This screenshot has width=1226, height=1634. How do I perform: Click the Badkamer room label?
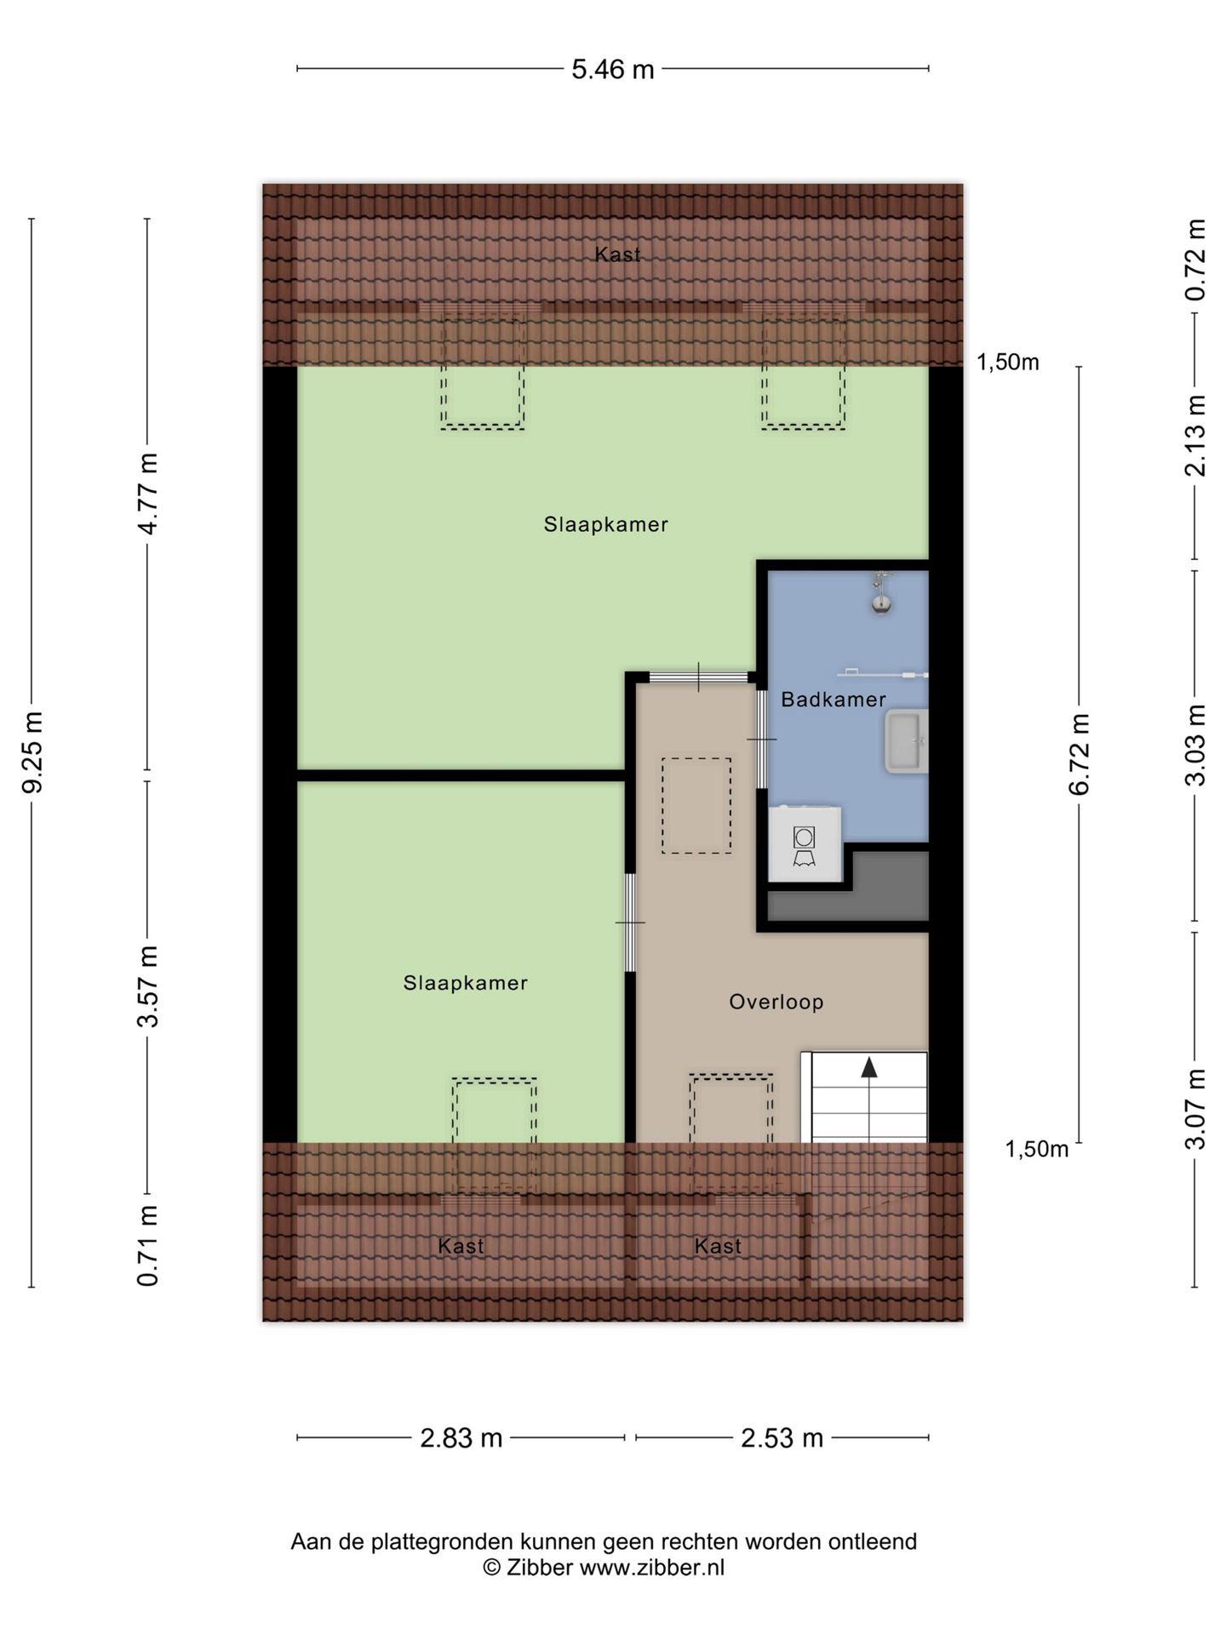point(834,700)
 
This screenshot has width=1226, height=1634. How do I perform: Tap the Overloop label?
point(776,1002)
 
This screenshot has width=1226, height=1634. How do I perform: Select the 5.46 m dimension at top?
point(613,69)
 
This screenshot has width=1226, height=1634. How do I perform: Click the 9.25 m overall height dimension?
point(32,751)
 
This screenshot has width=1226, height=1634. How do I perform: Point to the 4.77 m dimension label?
point(148,494)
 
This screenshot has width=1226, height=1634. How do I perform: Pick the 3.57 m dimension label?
point(148,986)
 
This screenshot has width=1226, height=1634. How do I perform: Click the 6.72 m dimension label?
point(1079,754)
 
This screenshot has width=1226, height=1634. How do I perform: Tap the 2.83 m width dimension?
point(461,1437)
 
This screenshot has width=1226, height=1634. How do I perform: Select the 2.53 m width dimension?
point(782,1437)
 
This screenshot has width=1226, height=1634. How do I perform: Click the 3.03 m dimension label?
point(1195,746)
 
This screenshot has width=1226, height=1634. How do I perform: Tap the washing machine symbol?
point(805,845)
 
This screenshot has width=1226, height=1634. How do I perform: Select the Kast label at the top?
point(617,254)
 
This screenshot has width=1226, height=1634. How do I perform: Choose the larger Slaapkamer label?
point(606,524)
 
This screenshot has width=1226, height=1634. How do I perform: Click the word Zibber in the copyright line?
point(540,1567)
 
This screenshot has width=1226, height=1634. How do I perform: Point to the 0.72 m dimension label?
point(1195,260)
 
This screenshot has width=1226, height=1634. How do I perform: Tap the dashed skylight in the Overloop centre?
point(696,806)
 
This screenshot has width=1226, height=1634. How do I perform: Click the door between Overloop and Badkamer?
point(763,740)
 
